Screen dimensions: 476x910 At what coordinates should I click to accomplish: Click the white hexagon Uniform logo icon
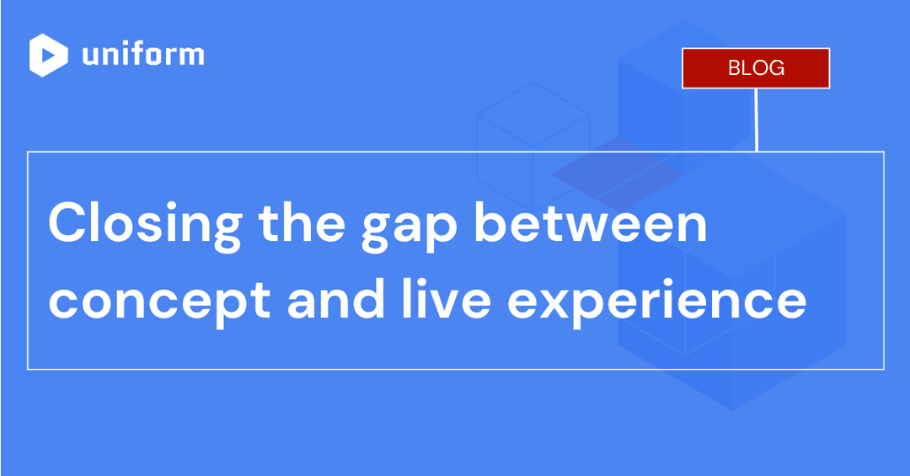[x=49, y=56]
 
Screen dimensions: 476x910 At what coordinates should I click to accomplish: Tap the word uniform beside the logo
[x=143, y=55]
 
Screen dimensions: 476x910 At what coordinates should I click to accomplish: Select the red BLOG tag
[x=756, y=68]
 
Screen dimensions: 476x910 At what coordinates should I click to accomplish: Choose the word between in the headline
[x=590, y=224]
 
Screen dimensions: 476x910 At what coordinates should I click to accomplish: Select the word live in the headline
[x=449, y=299]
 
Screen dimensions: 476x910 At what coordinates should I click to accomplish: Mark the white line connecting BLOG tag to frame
[x=757, y=120]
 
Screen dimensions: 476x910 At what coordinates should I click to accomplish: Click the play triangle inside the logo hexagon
[x=50, y=56]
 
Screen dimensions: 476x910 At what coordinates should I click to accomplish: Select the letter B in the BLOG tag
[x=734, y=68]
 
